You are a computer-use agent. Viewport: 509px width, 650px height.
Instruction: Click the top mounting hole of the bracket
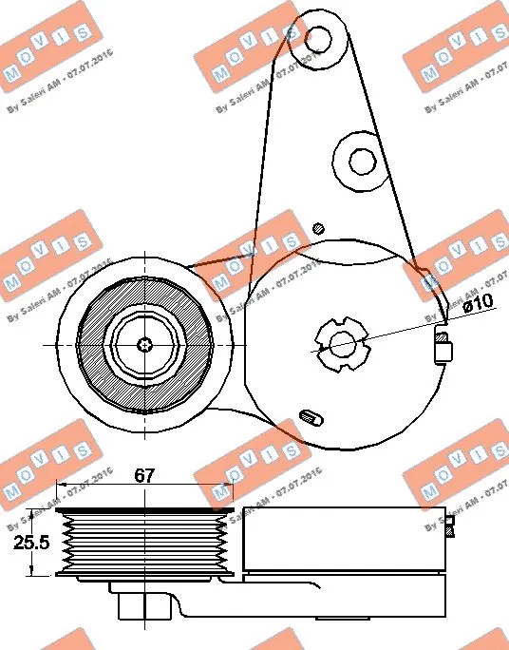coord(320,38)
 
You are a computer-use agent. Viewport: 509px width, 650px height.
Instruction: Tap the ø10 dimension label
coord(479,304)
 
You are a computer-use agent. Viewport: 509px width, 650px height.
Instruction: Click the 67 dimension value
coord(144,476)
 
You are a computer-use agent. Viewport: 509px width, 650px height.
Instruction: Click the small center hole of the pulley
coord(144,344)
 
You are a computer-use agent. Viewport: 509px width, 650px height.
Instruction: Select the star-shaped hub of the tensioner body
coord(340,343)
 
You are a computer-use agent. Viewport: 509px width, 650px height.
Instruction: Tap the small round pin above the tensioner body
coord(319,227)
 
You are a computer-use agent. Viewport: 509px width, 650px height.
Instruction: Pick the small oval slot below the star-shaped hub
coord(308,415)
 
